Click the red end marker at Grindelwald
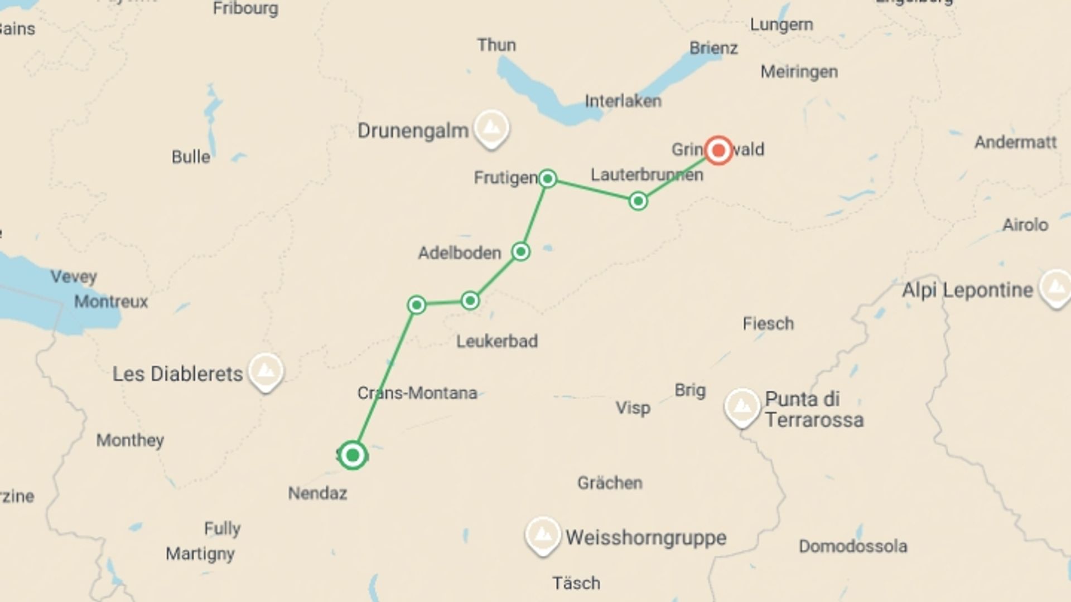point(718,150)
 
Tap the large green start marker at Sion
point(353,455)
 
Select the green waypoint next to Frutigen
point(548,178)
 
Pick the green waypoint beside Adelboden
point(520,251)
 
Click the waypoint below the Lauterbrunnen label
point(638,201)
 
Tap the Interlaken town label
point(623,101)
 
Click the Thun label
point(496,45)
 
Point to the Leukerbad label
point(496,341)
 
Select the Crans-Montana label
point(417,393)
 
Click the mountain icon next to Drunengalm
point(491,128)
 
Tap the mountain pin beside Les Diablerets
point(266,371)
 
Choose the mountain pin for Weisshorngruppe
point(542,535)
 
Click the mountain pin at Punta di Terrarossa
point(742,406)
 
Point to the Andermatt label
point(1015,142)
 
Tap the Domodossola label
point(852,546)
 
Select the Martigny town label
point(200,554)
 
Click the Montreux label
point(111,302)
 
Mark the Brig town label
point(690,390)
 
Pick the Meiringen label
point(799,71)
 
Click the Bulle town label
point(191,157)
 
